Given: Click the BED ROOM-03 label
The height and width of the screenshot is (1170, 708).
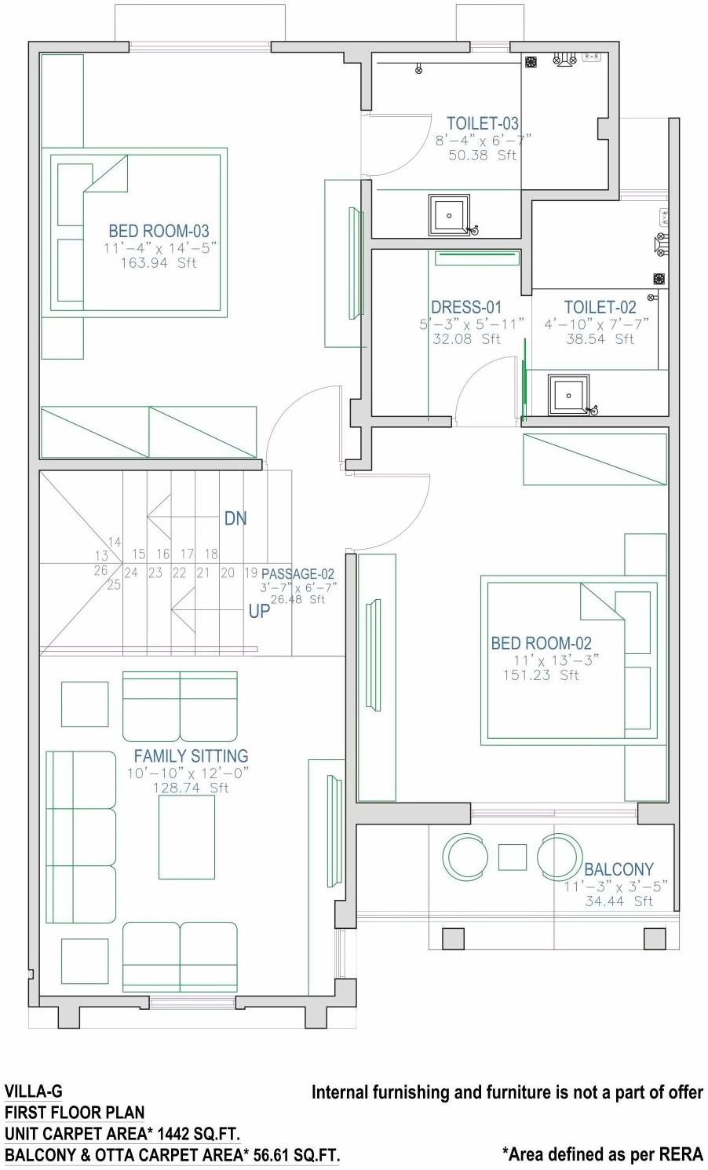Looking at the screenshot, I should pyautogui.click(x=159, y=231).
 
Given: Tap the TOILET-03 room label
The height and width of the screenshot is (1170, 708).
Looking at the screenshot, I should pyautogui.click(x=483, y=123).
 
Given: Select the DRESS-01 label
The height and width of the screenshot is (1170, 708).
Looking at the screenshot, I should pyautogui.click(x=465, y=307).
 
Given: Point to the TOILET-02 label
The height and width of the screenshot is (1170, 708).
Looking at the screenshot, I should pyautogui.click(x=600, y=307).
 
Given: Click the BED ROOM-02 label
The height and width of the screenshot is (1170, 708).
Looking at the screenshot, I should pyautogui.click(x=541, y=643).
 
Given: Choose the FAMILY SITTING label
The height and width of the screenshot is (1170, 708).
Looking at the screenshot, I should pyautogui.click(x=191, y=755).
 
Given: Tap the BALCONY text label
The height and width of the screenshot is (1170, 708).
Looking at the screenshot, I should pyautogui.click(x=619, y=869).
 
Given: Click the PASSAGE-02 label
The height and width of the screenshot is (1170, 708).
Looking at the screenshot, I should pyautogui.click(x=297, y=574).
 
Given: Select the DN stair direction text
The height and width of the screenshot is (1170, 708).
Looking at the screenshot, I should pyautogui.click(x=235, y=518).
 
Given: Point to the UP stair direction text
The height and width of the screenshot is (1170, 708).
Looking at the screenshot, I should pyautogui.click(x=259, y=611).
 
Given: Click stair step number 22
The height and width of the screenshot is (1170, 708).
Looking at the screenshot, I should pyautogui.click(x=179, y=573).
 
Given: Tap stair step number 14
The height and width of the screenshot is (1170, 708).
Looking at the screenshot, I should pyautogui.click(x=115, y=543).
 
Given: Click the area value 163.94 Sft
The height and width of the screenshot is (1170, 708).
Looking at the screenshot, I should pyautogui.click(x=159, y=263).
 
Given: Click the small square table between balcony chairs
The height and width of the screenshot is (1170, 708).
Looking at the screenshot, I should pyautogui.click(x=513, y=857).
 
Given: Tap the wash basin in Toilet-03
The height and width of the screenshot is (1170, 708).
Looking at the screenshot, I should pyautogui.click(x=449, y=214).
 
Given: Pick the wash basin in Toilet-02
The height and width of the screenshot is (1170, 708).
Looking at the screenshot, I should pyautogui.click(x=568, y=395).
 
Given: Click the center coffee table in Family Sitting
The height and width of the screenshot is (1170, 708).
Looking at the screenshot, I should pyautogui.click(x=187, y=837).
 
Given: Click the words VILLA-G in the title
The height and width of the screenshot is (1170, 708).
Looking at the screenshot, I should pyautogui.click(x=33, y=1091).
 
